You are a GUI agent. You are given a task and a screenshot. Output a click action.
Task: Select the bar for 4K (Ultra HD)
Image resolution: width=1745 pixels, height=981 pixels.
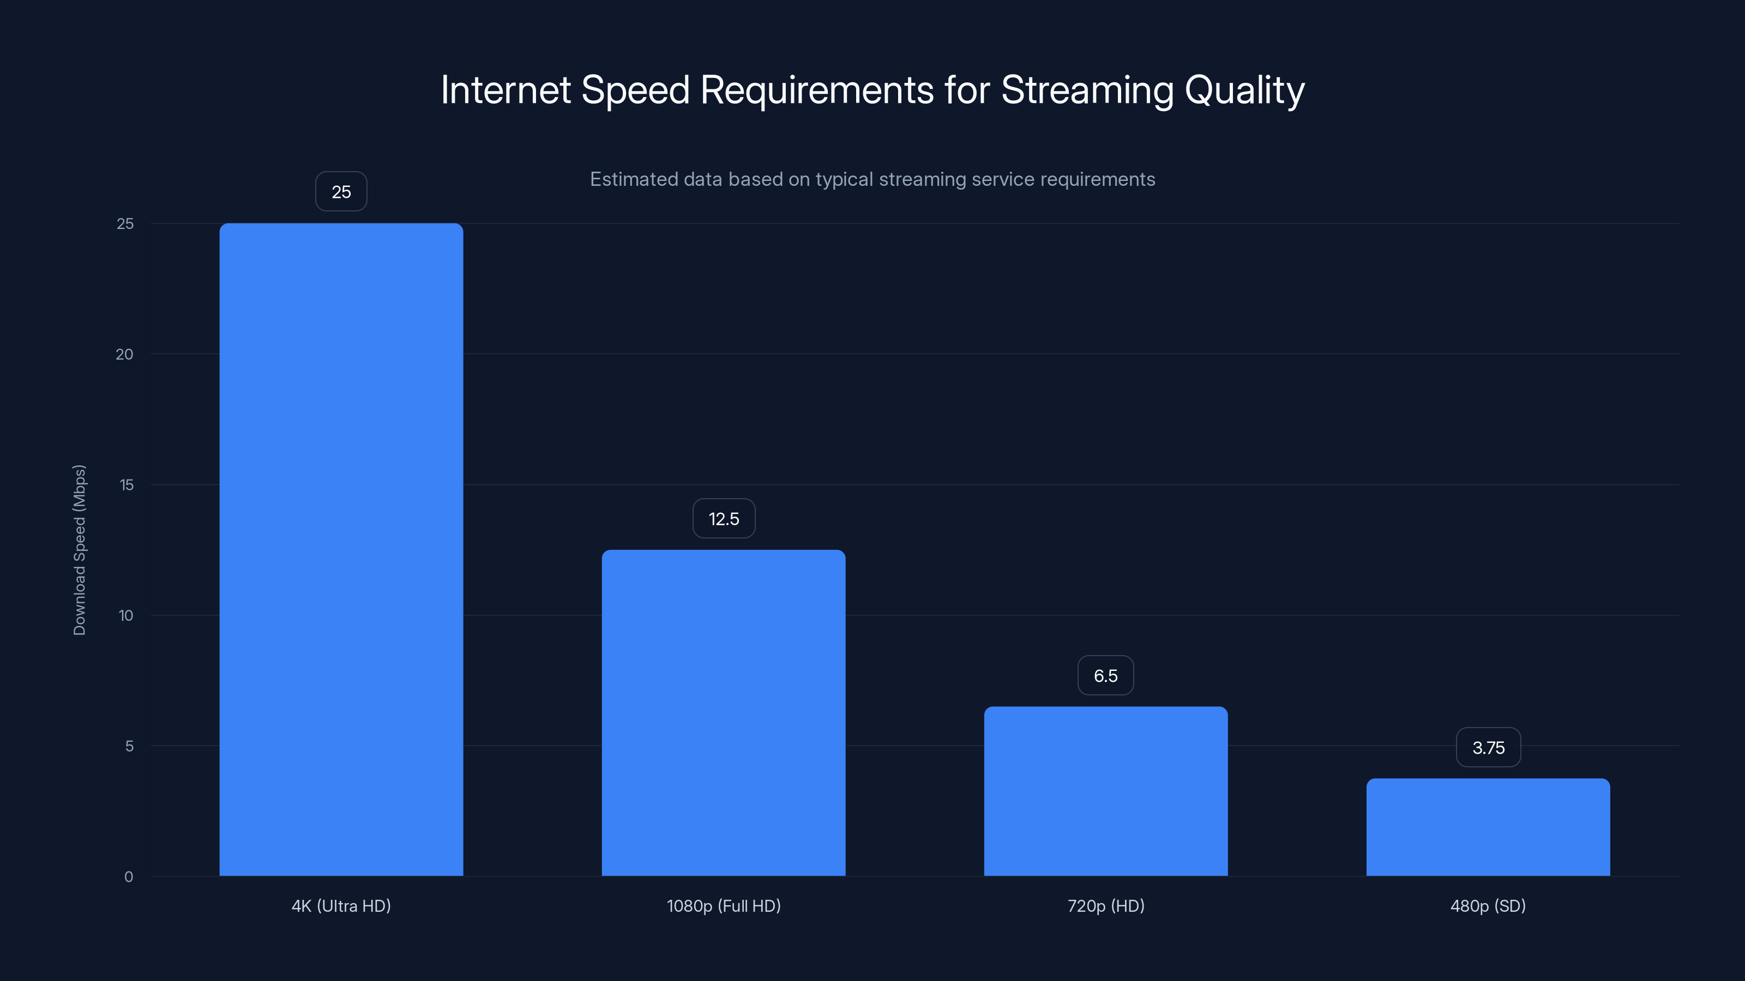pos(341,549)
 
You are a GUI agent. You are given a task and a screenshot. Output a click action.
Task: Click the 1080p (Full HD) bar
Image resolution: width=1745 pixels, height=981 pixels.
pos(724,712)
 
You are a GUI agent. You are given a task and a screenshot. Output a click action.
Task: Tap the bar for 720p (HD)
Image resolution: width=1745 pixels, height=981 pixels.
pos(1105,791)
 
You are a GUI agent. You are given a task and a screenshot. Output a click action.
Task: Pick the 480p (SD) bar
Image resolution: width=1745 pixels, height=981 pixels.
pos(1488,827)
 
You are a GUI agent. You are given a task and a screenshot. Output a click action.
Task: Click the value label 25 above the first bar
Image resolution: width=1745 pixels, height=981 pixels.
pos(341,192)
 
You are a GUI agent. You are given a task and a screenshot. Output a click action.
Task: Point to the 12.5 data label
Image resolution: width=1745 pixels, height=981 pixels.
pos(724,519)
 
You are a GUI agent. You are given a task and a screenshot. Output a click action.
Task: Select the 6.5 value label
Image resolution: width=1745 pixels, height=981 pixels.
pos(1105,676)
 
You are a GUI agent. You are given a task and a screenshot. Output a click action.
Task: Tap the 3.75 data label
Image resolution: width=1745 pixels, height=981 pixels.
pos(1488,747)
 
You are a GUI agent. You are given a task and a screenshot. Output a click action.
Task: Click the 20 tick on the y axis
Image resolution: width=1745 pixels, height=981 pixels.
pos(125,354)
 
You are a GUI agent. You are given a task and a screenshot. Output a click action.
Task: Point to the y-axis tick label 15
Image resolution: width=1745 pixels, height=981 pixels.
pos(126,485)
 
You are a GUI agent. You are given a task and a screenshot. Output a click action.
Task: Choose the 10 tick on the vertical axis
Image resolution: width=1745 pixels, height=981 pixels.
pos(126,615)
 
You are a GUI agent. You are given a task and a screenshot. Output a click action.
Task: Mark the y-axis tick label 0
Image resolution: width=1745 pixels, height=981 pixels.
pos(129,877)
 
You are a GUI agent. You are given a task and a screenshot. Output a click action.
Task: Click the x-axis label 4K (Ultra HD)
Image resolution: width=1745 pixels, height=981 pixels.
pos(341,906)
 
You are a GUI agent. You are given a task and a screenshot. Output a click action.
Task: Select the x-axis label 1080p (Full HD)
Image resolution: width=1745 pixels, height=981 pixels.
pos(724,906)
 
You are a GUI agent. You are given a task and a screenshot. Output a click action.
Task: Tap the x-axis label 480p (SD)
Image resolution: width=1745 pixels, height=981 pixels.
pos(1488,906)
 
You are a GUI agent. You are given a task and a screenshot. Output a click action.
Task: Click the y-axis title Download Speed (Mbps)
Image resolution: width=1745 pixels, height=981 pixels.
pos(79,550)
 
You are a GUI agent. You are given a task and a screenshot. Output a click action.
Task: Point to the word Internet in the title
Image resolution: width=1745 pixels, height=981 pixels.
pos(506,90)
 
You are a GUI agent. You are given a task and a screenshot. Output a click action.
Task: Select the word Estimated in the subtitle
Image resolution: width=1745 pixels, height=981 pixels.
pos(633,179)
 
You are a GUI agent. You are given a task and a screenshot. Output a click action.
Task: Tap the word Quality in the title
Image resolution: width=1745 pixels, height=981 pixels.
pos(1244,90)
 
